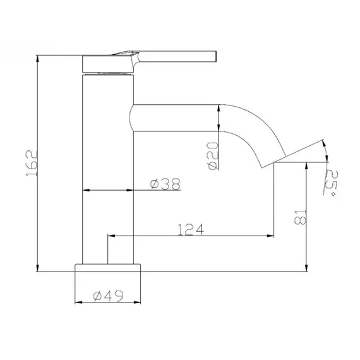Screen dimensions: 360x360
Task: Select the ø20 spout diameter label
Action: pyautogui.click(x=213, y=155)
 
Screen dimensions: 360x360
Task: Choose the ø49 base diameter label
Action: pyautogui.click(x=107, y=295)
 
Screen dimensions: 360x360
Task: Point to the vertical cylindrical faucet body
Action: pyautogui.click(x=109, y=164)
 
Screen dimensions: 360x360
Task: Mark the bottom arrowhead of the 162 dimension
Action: pyautogui.click(x=39, y=268)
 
